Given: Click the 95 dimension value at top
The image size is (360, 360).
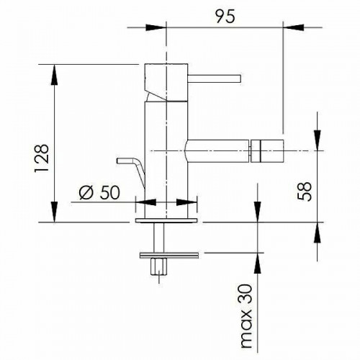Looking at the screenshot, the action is point(225,17).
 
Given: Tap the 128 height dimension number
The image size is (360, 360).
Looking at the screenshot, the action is point(42,158).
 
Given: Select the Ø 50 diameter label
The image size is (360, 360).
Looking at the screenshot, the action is point(99,192).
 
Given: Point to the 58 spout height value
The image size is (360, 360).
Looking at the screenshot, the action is point(304,192).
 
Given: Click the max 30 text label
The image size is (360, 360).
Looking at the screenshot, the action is point(246,316).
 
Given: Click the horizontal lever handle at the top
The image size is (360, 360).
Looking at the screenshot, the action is point(214,79).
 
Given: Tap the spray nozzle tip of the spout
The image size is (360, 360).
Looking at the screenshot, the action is point(267,150).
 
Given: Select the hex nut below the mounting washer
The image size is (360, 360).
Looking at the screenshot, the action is point(159,266).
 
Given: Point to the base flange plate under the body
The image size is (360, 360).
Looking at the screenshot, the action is point(166,220).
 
